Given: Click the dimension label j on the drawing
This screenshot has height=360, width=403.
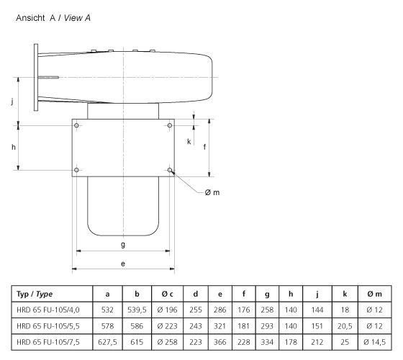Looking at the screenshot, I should tap(12, 102).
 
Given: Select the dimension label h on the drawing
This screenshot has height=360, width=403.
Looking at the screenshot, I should tap(14, 147).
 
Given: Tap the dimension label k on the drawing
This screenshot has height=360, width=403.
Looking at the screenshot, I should tap(189, 141).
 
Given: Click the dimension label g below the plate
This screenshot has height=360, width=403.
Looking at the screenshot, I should tap(123, 245).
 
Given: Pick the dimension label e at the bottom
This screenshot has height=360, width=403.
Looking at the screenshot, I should tap(123, 264).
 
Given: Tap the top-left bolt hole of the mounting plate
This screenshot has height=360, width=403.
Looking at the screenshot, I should tap(76, 126).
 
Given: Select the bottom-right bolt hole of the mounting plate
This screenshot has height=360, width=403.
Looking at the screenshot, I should tap(170, 170).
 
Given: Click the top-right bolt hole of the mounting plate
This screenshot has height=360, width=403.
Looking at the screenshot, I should tap(170, 126).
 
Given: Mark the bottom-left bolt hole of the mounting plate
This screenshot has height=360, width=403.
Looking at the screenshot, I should tap(76, 170).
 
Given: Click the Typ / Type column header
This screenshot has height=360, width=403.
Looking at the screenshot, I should tap(35, 294).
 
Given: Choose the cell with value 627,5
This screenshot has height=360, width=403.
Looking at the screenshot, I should tap(107, 340).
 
